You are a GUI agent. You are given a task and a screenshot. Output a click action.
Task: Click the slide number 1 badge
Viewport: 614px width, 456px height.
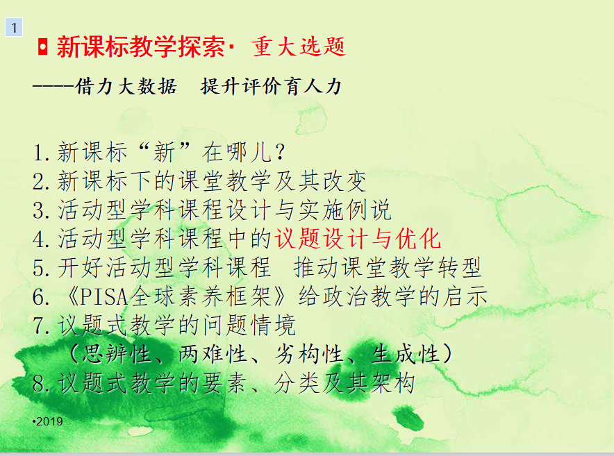14,27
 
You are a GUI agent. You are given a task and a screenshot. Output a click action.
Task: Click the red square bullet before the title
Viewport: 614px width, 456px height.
42,47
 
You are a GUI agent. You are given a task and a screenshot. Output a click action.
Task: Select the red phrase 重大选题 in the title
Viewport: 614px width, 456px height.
299,47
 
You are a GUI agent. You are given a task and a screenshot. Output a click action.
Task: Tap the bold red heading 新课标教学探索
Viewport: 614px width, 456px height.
141,47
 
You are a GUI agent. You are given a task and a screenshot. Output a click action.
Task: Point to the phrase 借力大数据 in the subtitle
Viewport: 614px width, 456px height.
126,86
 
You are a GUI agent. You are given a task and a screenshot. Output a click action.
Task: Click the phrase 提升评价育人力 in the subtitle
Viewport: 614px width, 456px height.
271,86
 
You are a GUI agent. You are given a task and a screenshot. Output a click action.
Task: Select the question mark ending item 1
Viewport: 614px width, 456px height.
280,152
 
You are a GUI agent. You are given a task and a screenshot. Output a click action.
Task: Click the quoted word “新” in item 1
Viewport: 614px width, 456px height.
164,151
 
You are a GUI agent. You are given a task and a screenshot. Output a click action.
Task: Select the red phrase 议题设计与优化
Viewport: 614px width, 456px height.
358,239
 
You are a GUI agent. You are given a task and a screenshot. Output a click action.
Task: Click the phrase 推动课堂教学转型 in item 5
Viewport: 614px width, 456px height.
388,268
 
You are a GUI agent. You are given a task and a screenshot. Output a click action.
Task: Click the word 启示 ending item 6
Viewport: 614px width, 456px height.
465,296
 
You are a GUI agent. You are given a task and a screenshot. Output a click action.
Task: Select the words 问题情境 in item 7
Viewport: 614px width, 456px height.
249,326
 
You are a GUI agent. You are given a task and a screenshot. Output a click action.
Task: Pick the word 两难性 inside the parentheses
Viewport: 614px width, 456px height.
213,354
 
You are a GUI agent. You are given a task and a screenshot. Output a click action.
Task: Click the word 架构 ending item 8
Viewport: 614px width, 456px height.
392,383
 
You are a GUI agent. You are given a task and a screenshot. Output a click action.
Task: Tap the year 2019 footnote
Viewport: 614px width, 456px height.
48,421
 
